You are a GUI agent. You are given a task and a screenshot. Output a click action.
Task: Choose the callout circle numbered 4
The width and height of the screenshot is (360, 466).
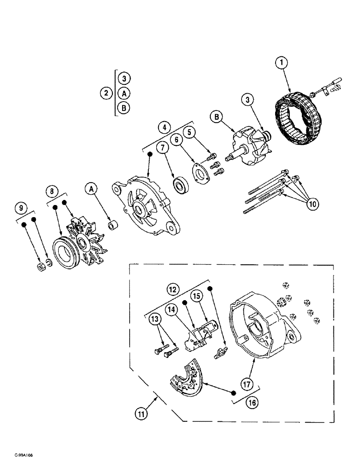click(164, 126)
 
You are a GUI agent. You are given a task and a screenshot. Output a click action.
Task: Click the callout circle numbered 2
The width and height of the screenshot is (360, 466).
click(106, 93)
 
